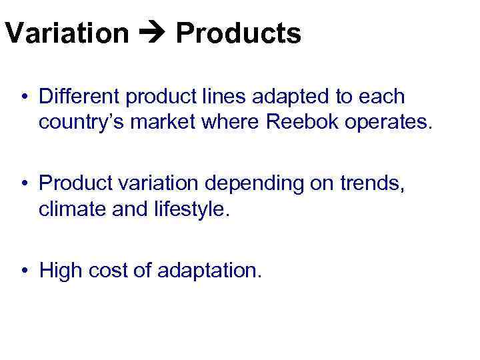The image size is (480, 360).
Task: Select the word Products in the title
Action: point(238,33)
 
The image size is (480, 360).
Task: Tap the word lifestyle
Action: point(193,210)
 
